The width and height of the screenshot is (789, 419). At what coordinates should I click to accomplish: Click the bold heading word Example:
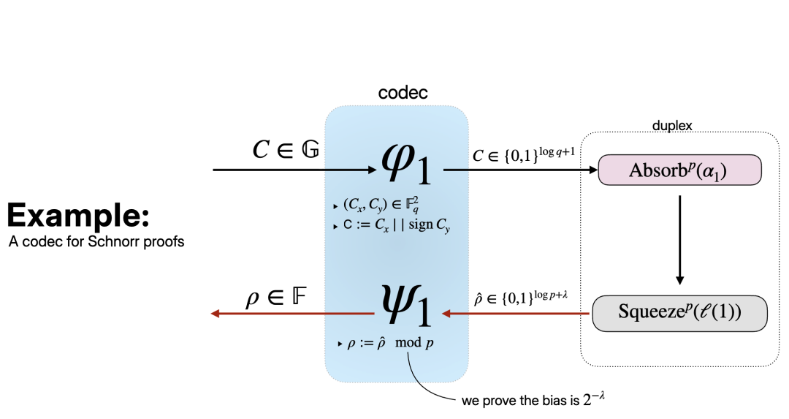(79, 216)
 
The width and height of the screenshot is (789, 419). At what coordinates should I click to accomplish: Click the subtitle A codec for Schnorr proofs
(96, 241)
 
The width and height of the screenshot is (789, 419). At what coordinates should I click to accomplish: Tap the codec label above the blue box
(403, 94)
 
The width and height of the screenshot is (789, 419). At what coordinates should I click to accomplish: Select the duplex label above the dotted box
(671, 127)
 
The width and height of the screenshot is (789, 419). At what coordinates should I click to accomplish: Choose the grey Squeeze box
(679, 312)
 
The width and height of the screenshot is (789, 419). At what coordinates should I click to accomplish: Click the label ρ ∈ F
(275, 298)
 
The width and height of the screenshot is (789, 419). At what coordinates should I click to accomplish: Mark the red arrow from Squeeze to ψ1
(516, 314)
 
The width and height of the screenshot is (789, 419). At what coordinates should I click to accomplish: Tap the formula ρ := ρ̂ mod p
(390, 343)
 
